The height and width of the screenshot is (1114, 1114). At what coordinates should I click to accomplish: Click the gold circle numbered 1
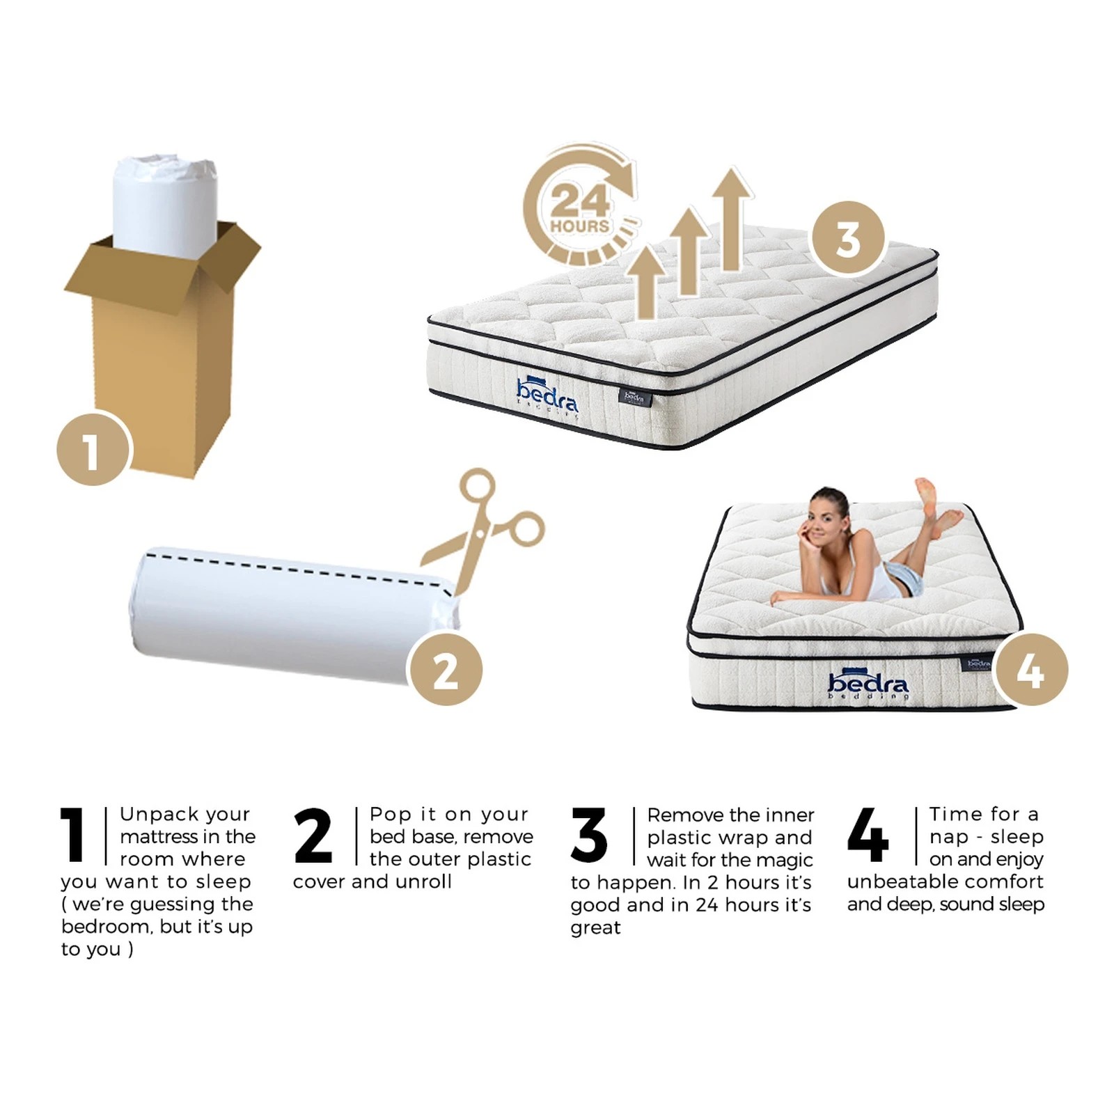click(93, 449)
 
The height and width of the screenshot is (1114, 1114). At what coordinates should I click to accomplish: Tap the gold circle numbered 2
click(445, 669)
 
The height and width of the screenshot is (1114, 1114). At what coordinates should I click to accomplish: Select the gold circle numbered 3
click(848, 238)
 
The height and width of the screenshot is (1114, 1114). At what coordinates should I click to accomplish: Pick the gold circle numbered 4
click(1030, 670)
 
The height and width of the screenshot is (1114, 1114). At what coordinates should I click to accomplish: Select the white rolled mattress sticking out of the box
click(165, 202)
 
